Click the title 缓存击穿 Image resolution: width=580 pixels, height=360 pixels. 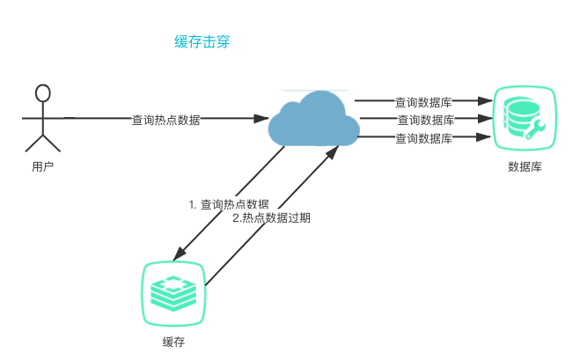click(x=202, y=42)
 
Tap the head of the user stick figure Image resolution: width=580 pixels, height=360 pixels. click(x=42, y=93)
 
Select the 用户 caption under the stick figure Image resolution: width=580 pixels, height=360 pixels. click(x=42, y=166)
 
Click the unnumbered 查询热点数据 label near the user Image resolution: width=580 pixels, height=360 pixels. click(x=165, y=119)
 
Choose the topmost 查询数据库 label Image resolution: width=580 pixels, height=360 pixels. click(x=423, y=101)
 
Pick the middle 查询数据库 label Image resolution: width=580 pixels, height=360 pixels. click(x=426, y=120)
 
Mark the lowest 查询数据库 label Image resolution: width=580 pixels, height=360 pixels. click(x=423, y=138)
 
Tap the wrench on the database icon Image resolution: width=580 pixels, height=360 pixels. click(x=535, y=130)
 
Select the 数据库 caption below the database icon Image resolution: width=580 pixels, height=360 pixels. click(x=525, y=166)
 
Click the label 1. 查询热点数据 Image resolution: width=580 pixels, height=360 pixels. click(x=229, y=204)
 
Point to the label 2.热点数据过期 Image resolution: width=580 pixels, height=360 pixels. click(x=271, y=217)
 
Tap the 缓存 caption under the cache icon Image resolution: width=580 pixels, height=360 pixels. click(x=173, y=342)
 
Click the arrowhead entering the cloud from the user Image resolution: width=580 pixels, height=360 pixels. click(x=262, y=118)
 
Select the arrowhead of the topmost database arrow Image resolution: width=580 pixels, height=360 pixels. click(x=485, y=101)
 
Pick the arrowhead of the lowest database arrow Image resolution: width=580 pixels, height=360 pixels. click(x=485, y=137)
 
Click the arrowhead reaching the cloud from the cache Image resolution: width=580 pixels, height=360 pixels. click(x=333, y=151)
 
